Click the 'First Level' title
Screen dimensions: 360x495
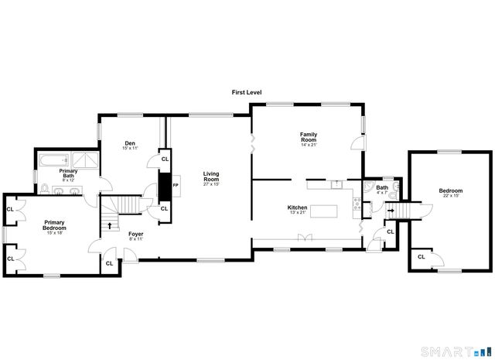click(x=247, y=92)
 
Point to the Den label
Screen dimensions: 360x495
click(x=130, y=142)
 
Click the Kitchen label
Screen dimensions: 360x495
click(x=298, y=207)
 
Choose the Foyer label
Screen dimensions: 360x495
click(x=136, y=234)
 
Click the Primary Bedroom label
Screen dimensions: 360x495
click(x=54, y=225)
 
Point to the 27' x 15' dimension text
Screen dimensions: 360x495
click(x=211, y=184)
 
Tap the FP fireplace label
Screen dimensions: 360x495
click(x=176, y=186)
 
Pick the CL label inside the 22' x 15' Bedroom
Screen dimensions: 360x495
click(x=422, y=256)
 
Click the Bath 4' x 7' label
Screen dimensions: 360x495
click(x=382, y=190)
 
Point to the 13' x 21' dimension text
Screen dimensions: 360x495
click(x=298, y=214)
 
